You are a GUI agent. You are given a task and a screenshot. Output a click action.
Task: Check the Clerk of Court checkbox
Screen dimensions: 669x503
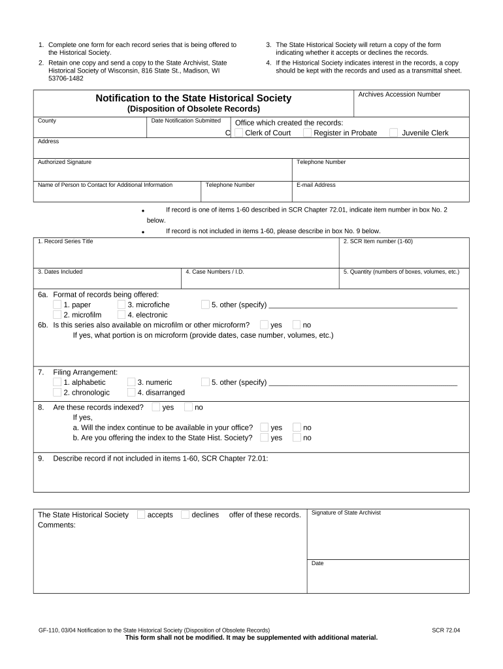click(239, 133)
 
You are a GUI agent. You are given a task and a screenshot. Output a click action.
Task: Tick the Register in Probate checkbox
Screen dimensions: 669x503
click(307, 133)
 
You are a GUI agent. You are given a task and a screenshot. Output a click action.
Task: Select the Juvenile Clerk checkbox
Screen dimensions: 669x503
click(394, 133)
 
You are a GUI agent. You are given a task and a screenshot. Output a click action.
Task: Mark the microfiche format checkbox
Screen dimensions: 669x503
click(122, 304)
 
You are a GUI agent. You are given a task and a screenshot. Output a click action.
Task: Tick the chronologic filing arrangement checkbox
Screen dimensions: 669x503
click(57, 393)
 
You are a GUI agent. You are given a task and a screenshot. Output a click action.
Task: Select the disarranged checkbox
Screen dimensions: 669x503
click(131, 393)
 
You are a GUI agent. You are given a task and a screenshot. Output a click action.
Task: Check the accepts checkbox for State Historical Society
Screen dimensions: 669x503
click(141, 515)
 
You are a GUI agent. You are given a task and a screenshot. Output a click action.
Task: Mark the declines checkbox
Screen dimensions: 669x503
click(185, 515)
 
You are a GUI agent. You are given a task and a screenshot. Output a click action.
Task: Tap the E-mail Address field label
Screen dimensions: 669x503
click(316, 185)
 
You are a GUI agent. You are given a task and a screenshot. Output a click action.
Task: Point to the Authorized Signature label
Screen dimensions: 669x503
click(65, 162)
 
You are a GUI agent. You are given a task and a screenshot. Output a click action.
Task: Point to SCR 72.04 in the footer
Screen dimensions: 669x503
click(446, 630)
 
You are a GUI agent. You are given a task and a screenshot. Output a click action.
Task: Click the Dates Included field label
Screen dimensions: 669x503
click(60, 272)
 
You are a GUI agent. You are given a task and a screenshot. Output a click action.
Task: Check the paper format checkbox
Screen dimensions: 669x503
click(57, 304)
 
